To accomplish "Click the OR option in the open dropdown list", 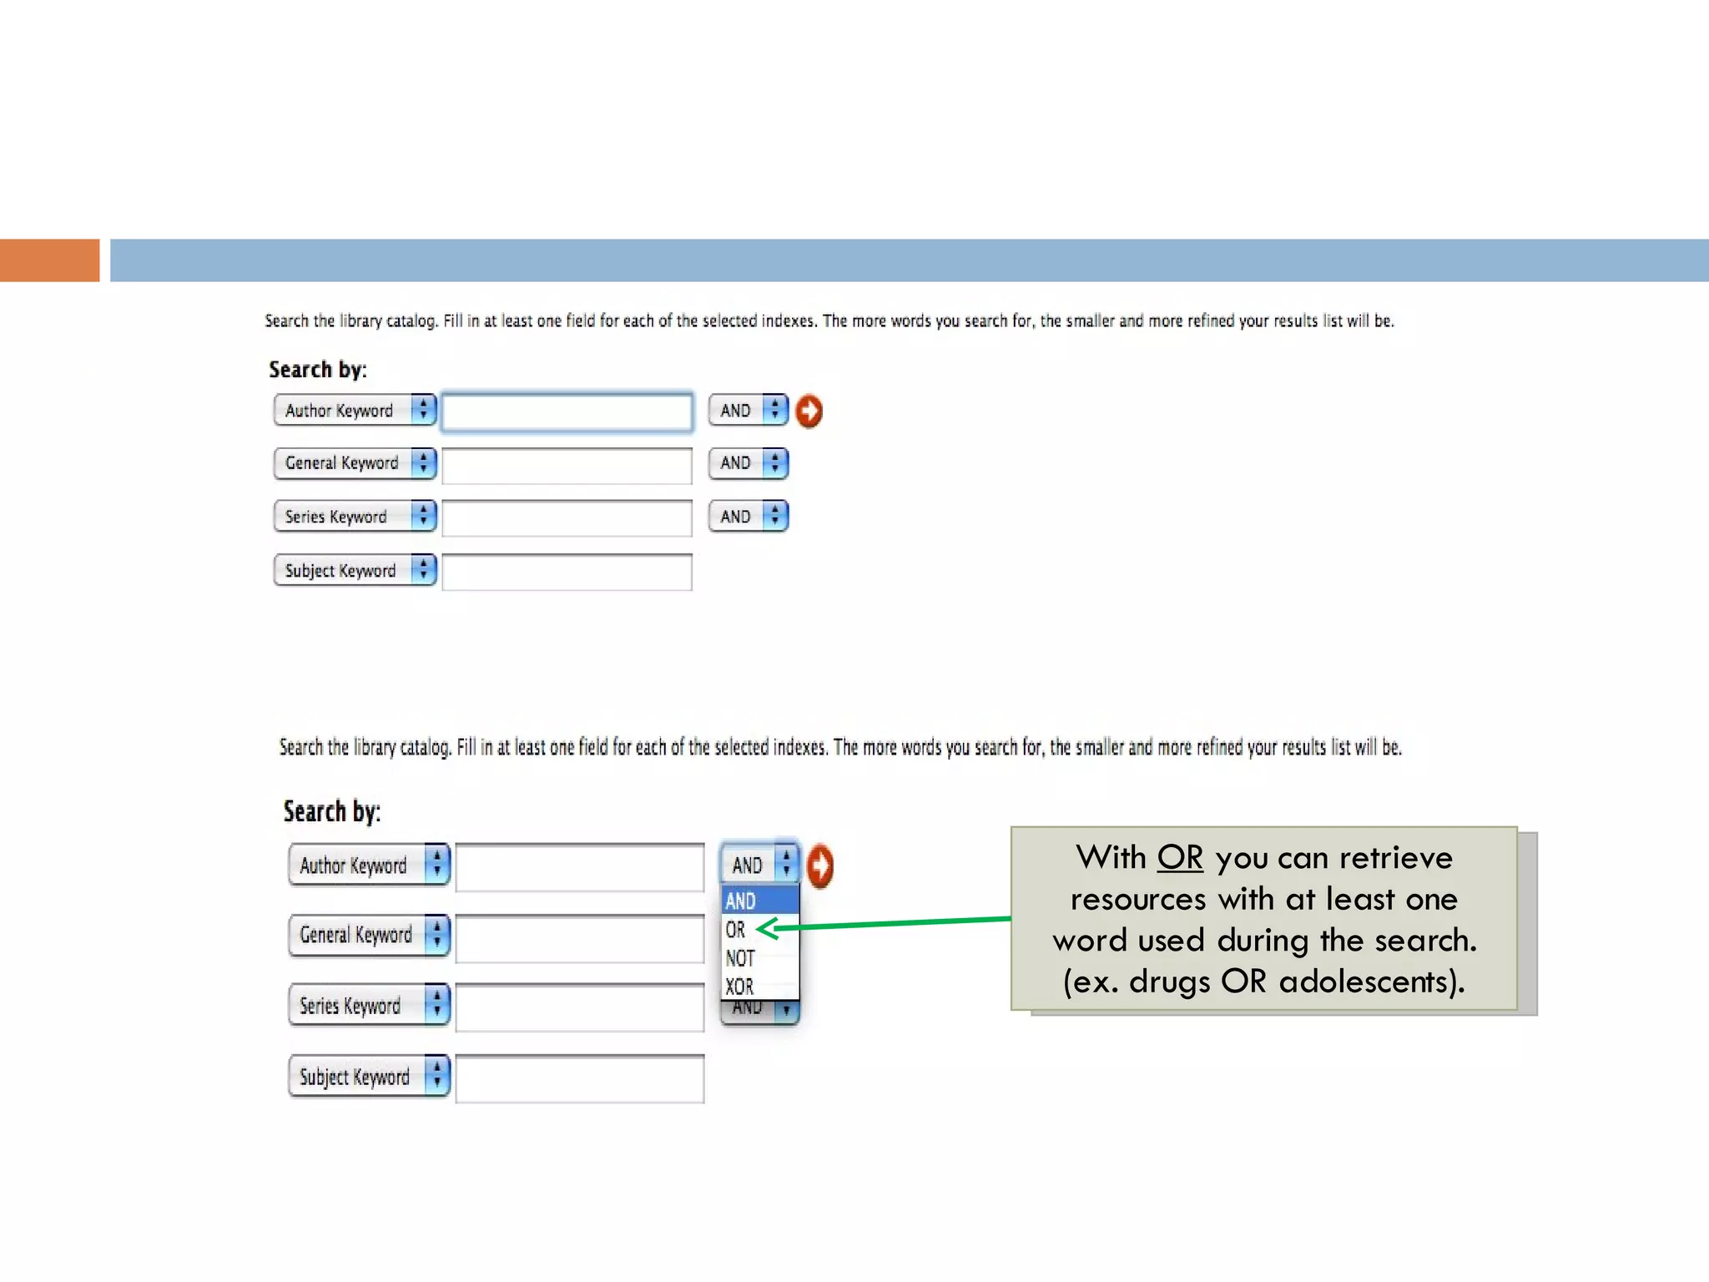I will [737, 929].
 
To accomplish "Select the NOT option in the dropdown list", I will [740, 958].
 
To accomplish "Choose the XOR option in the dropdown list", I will [739, 987].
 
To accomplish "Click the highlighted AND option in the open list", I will [741, 901].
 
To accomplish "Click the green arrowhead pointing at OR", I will [767, 928].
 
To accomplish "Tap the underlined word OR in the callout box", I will [1180, 858].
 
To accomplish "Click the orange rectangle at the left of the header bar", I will [49, 260].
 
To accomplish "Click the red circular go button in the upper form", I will [809, 411].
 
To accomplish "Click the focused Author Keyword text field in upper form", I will [567, 411].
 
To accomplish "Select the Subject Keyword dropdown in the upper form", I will [355, 571].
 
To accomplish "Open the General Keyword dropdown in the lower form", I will [369, 935].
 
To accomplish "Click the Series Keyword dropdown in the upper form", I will [355, 517].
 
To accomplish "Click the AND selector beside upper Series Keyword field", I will [748, 517].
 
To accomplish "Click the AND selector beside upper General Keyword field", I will [748, 463].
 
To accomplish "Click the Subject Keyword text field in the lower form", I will [580, 1078].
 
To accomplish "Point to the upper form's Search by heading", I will [317, 370].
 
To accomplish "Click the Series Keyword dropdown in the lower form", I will [369, 1006].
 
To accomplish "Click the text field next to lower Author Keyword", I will [580, 867].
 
